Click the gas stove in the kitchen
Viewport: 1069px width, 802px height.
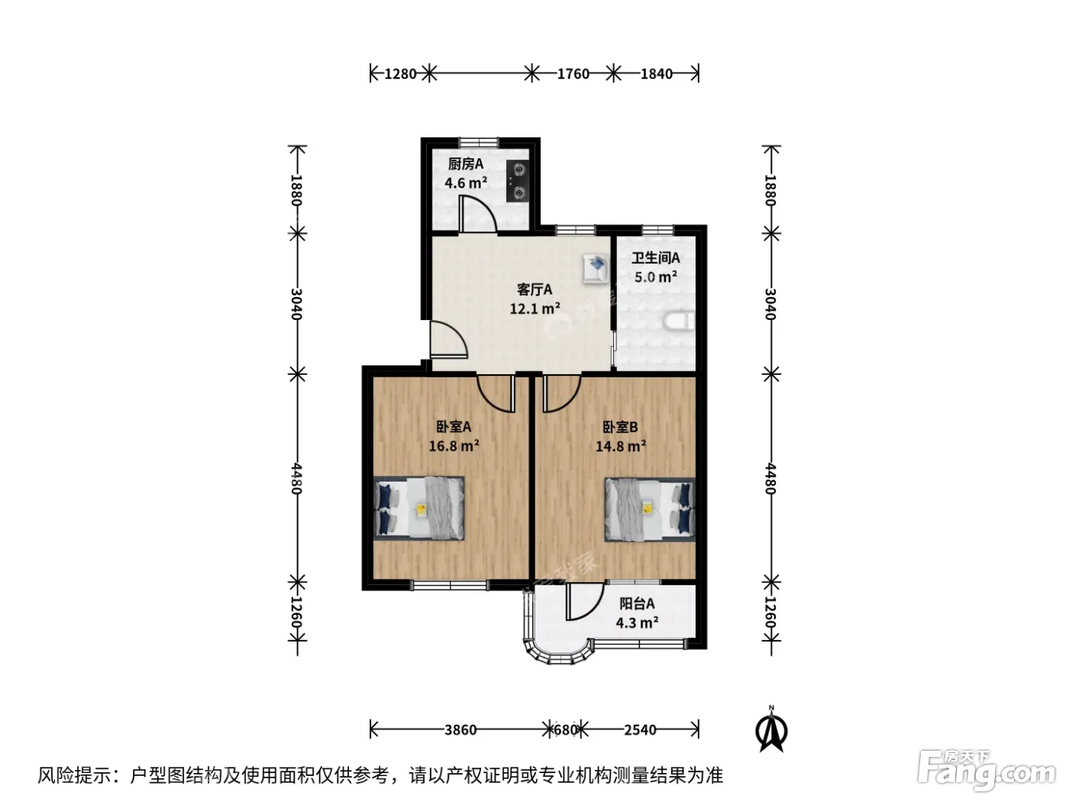coord(517,181)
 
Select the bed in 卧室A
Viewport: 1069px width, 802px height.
coord(418,508)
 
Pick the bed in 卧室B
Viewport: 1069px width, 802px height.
coord(650,509)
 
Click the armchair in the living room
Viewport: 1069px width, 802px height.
coord(596,268)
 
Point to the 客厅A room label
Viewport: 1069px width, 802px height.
coord(534,289)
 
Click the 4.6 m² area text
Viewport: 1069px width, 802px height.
coord(466,183)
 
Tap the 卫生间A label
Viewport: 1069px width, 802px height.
coord(655,257)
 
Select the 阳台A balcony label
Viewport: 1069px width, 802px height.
coord(637,604)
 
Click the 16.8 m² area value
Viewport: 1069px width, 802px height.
coord(454,445)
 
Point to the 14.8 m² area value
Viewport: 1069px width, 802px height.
coord(621,445)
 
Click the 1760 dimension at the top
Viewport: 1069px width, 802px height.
coord(573,74)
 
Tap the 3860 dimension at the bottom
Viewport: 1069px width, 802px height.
coord(460,730)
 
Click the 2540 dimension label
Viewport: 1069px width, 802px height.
coord(640,730)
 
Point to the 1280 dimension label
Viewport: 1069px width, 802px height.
coord(400,74)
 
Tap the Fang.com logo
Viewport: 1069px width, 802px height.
coord(987,772)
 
